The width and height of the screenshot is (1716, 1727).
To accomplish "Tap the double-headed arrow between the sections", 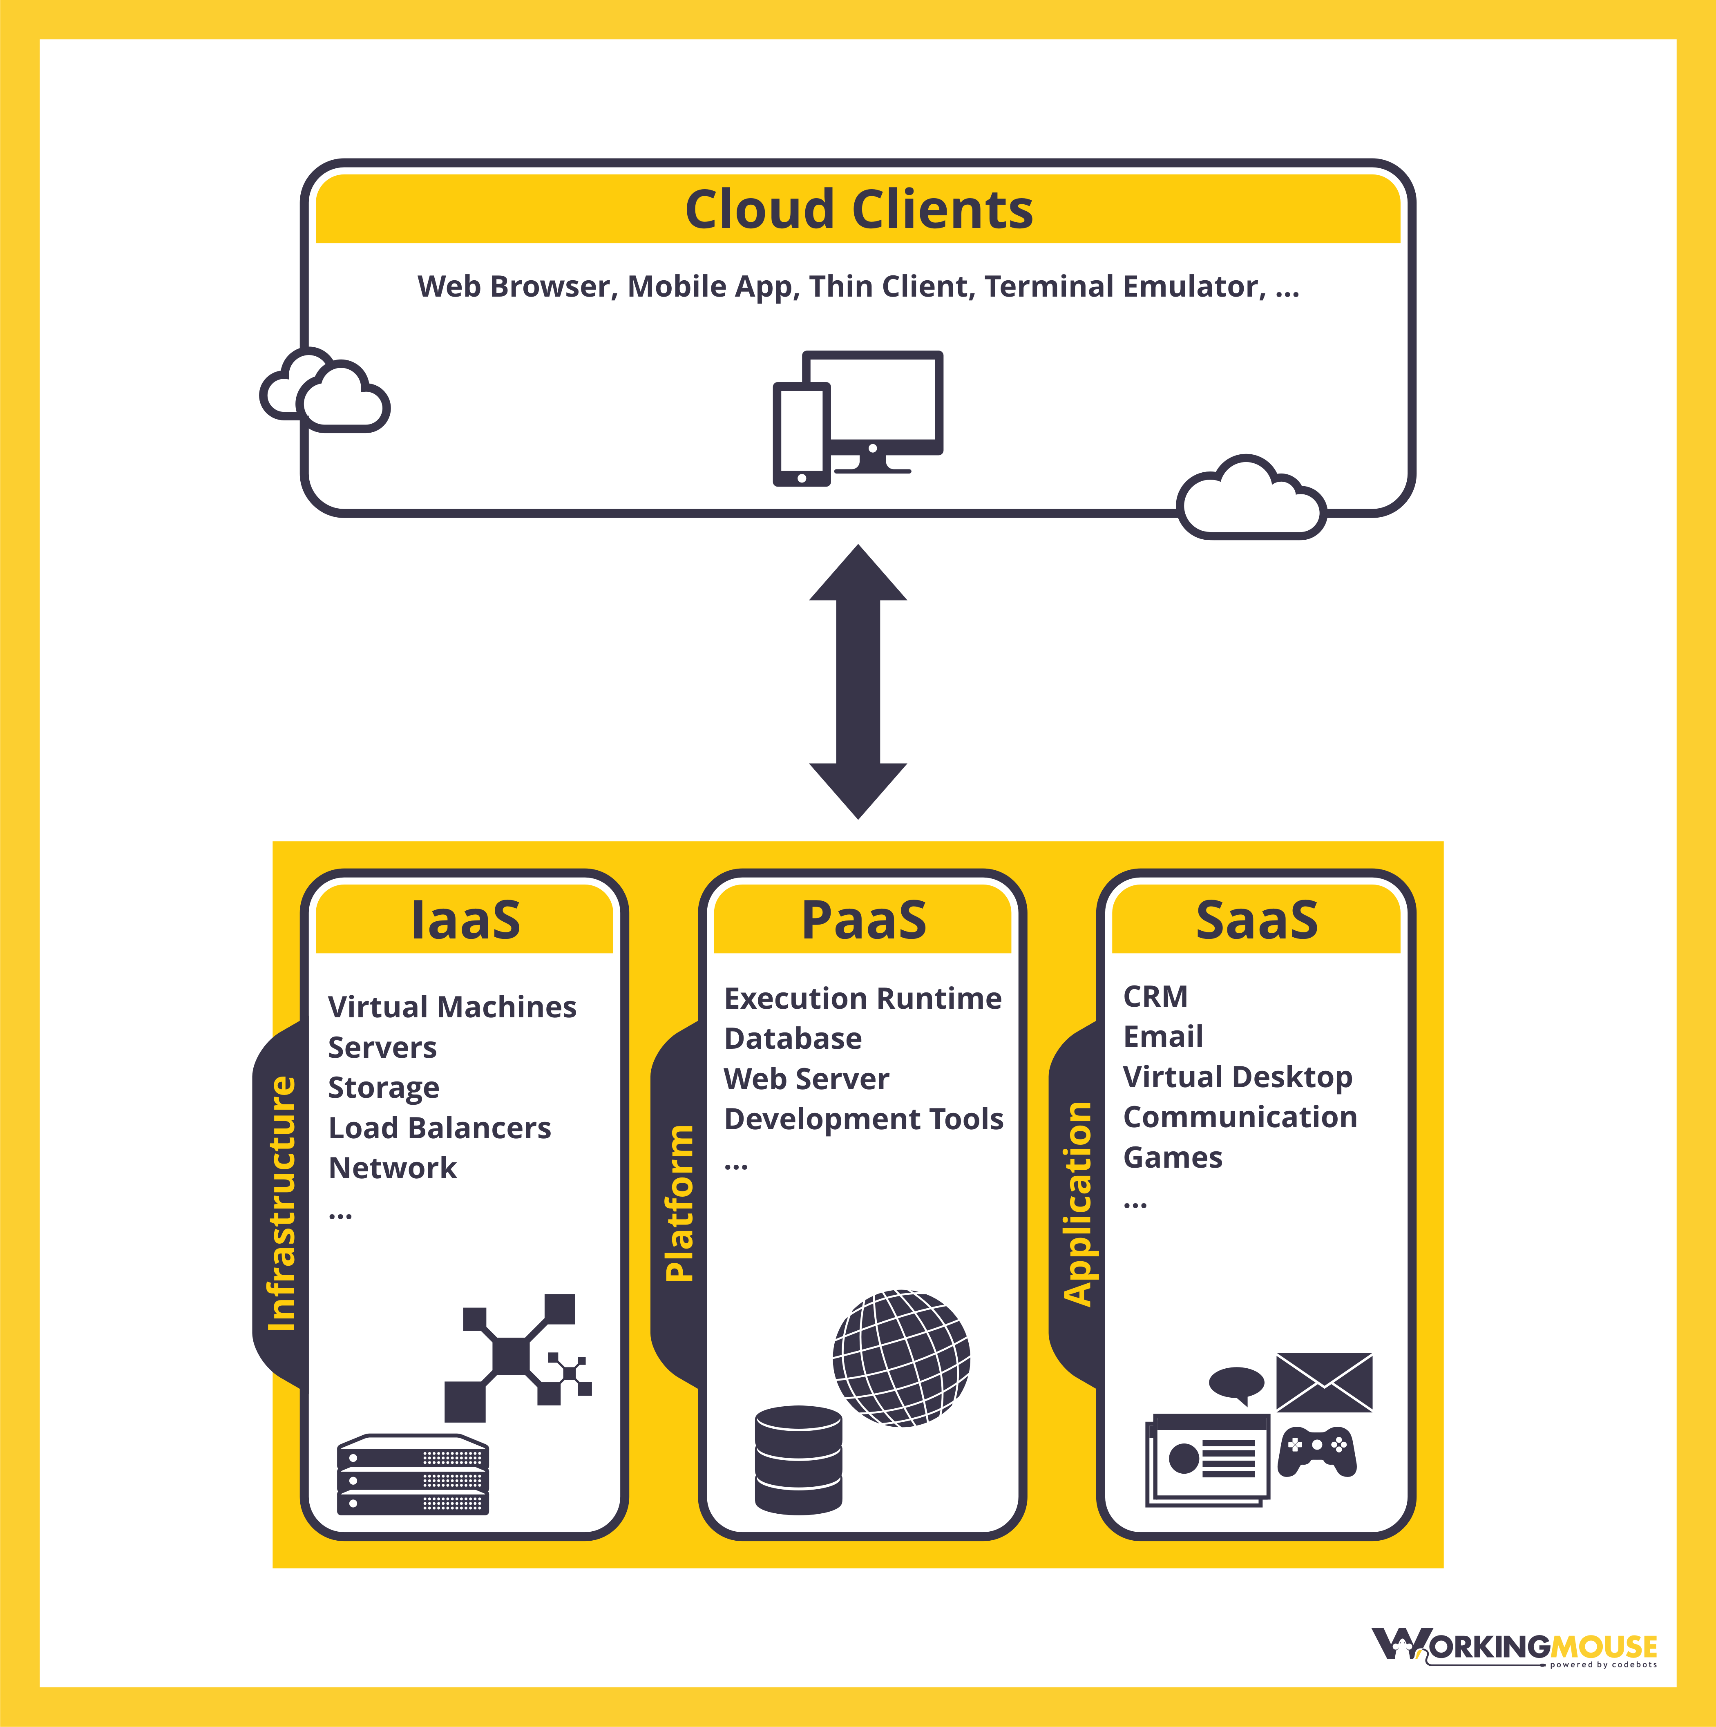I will (858, 681).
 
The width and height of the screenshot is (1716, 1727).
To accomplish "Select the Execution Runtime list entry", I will (862, 999).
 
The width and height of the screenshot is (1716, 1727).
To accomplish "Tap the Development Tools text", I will (863, 1119).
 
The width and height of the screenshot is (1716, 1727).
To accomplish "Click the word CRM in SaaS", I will (1155, 996).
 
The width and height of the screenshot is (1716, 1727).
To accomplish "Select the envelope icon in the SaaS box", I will (1324, 1382).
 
